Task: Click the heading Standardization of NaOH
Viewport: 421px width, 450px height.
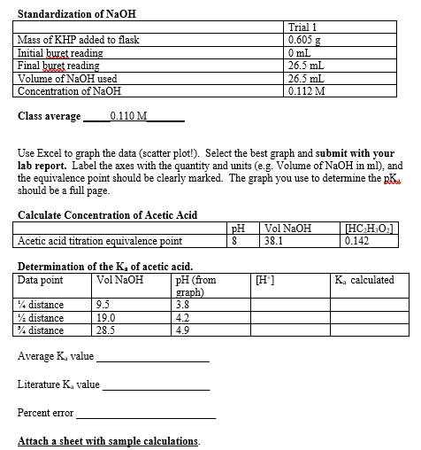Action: (x=76, y=13)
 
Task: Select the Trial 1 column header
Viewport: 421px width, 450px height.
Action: (x=303, y=27)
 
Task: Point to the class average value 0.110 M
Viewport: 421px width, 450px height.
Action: (x=132, y=116)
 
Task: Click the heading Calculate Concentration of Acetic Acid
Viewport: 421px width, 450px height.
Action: (x=107, y=215)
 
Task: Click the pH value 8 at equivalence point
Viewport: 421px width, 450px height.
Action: (x=234, y=240)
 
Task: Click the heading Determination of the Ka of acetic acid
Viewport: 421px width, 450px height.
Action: (x=105, y=266)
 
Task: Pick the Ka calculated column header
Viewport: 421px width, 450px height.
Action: (x=364, y=279)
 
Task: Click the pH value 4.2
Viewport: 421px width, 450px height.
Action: (x=182, y=317)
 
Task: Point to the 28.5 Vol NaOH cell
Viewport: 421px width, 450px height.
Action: (x=106, y=330)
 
